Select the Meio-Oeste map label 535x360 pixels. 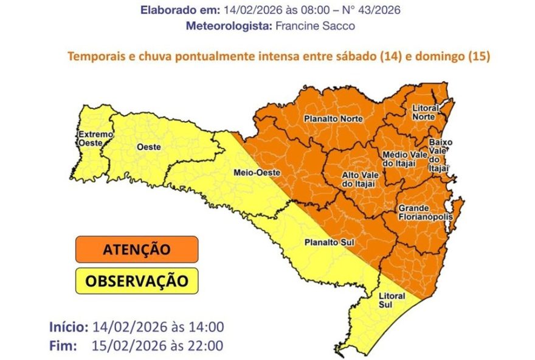pos(254,173)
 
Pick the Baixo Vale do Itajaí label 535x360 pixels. pos(440,154)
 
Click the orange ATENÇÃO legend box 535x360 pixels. pos(137,249)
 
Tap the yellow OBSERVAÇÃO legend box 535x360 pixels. pos(137,281)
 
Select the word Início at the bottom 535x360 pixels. pos(69,327)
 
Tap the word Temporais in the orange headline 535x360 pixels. pos(96,56)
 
